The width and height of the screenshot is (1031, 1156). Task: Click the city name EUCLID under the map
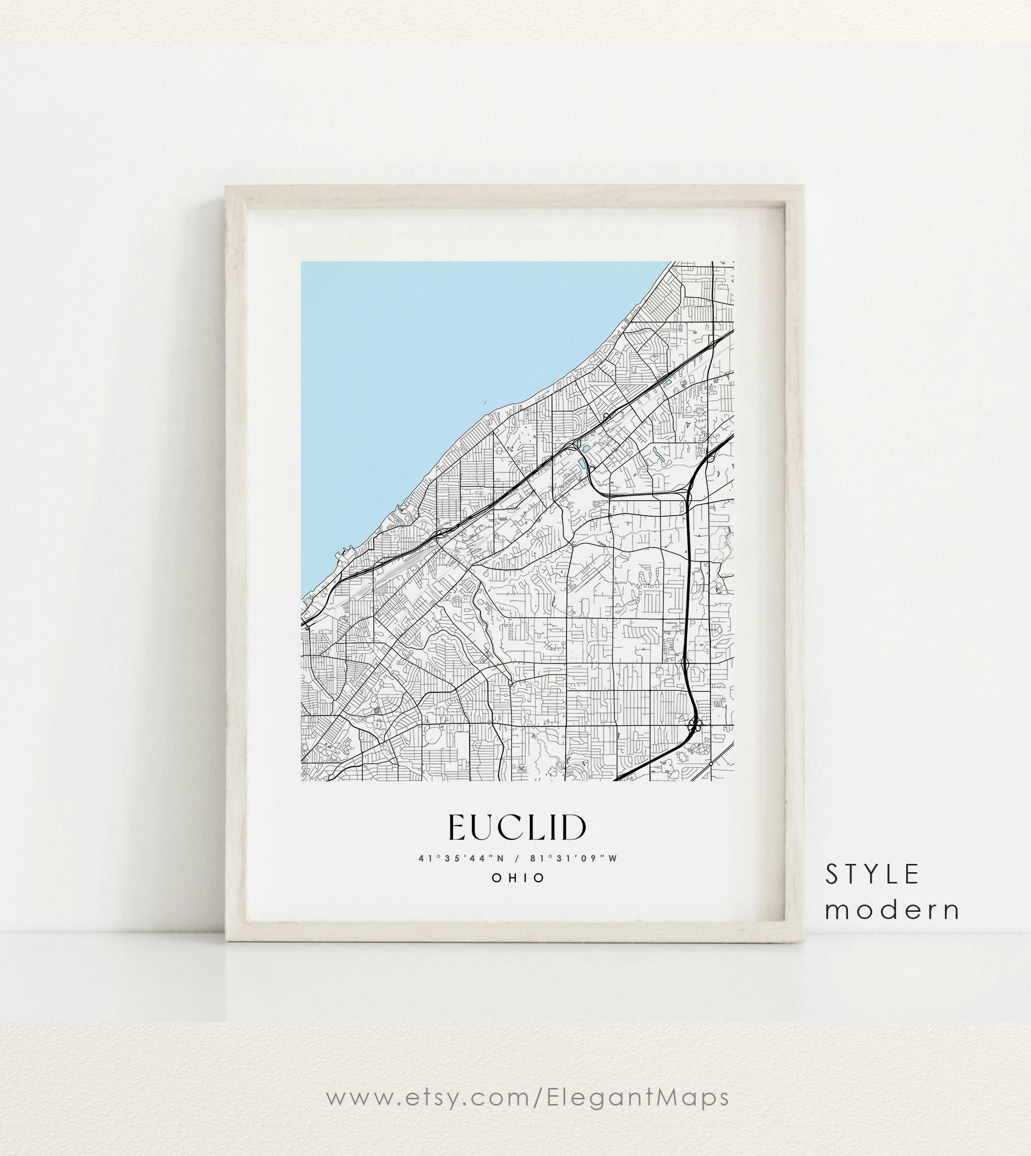tap(517, 828)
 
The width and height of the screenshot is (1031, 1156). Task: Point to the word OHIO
tap(518, 878)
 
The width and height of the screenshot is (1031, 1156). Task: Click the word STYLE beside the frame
tap(871, 875)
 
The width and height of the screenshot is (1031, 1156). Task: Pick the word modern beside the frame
tap(892, 910)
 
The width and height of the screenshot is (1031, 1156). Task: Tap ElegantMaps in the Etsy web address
tap(637, 1097)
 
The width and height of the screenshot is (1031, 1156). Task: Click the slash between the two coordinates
tap(517, 859)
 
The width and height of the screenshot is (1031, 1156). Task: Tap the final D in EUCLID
tap(575, 828)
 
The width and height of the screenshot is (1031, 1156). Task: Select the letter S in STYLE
tap(832, 875)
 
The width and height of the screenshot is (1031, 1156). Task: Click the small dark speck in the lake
tap(486, 401)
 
